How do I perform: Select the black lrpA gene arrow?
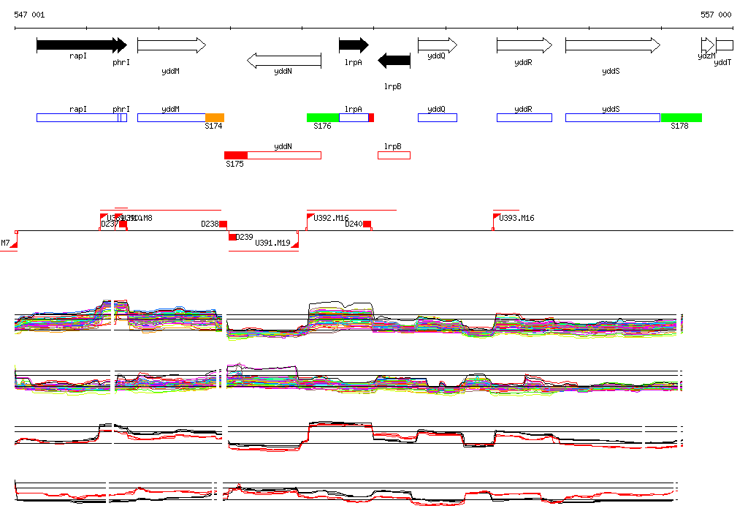354,45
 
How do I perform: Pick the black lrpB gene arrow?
394,61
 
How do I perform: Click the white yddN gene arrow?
284,61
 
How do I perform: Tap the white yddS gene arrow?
612,45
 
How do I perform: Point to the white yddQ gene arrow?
437,45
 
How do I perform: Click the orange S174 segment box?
215,118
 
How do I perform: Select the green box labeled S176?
323,118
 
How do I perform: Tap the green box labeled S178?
682,118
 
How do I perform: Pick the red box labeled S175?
236,155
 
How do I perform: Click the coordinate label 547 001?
29,15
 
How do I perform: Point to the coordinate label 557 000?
716,15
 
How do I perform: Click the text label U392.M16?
331,218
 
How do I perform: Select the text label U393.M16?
516,218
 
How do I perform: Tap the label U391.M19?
272,243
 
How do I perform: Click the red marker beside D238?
224,224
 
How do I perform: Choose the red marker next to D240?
367,224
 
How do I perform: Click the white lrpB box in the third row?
394,155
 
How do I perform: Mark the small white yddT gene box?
725,45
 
